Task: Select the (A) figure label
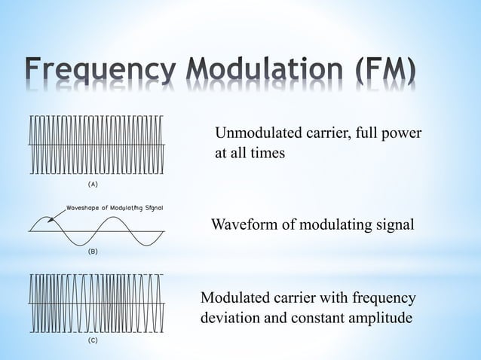coord(93,183)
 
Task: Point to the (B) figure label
coord(93,255)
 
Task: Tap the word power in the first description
coord(400,134)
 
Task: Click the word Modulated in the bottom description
coord(236,299)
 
